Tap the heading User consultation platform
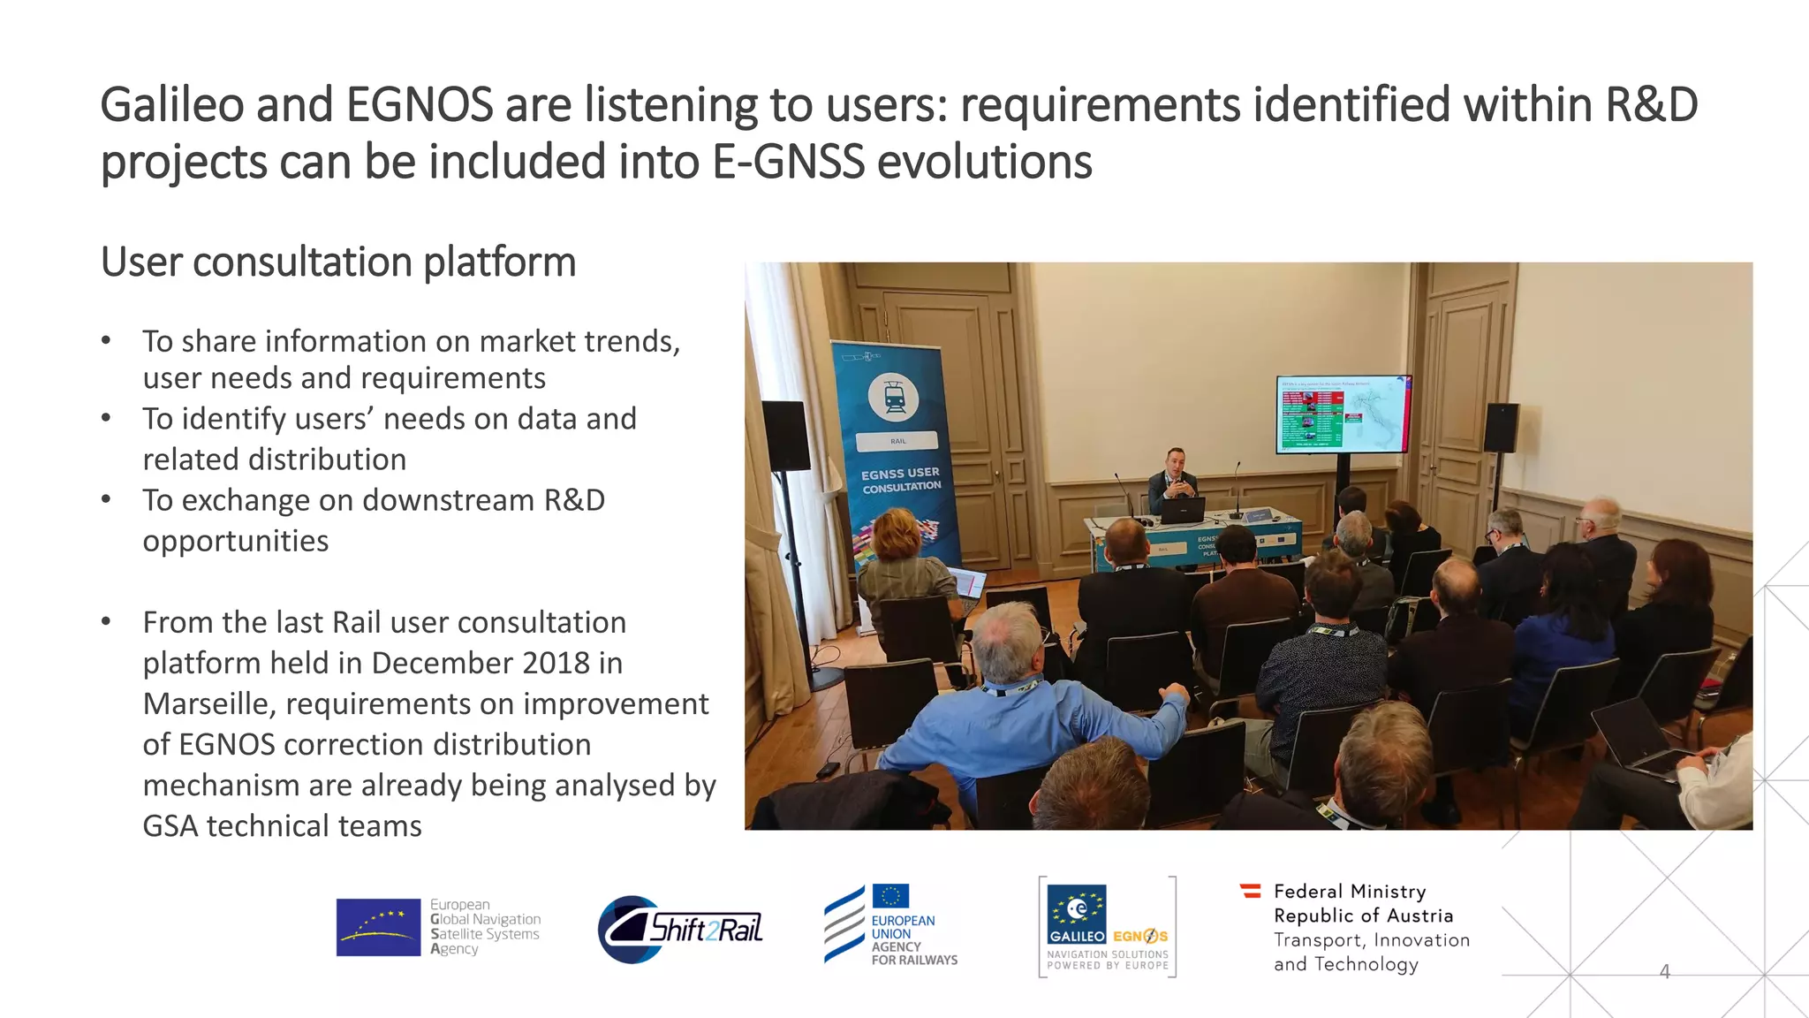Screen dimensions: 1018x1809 point(337,262)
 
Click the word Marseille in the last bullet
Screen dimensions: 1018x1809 point(208,704)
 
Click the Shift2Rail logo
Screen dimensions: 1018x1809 point(681,930)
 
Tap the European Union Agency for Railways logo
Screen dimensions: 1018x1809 point(890,925)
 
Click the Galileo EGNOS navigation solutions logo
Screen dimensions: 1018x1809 point(1107,927)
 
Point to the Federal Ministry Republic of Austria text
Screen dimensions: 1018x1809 point(1362,903)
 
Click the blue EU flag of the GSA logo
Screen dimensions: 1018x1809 point(378,927)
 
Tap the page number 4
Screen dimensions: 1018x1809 point(1664,972)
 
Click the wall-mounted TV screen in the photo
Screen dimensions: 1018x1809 point(1343,414)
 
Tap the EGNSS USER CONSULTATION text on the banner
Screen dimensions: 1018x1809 point(901,480)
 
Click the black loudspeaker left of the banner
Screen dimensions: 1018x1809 point(785,436)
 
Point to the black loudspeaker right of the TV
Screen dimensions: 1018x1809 point(1501,428)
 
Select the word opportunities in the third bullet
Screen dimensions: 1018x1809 point(236,541)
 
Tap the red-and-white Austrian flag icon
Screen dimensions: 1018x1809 point(1250,891)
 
